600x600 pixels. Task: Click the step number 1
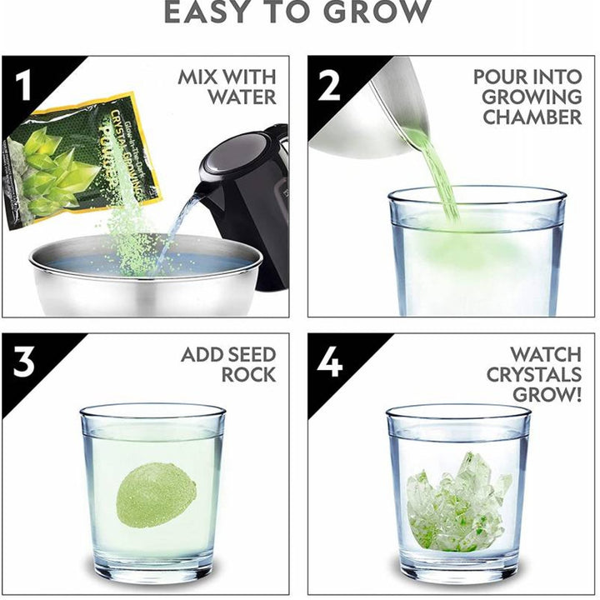pos(23,83)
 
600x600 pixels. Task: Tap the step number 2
pos(329,83)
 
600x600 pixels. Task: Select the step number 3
pos(23,362)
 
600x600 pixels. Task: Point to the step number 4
pos(329,362)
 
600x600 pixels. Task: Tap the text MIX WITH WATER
pos(227,87)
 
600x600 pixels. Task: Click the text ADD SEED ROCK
pos(228,364)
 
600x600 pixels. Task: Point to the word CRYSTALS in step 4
pos(534,374)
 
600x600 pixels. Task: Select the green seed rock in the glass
pos(156,495)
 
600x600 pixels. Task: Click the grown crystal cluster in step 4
pos(458,500)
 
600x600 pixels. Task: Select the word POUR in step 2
pos(500,77)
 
